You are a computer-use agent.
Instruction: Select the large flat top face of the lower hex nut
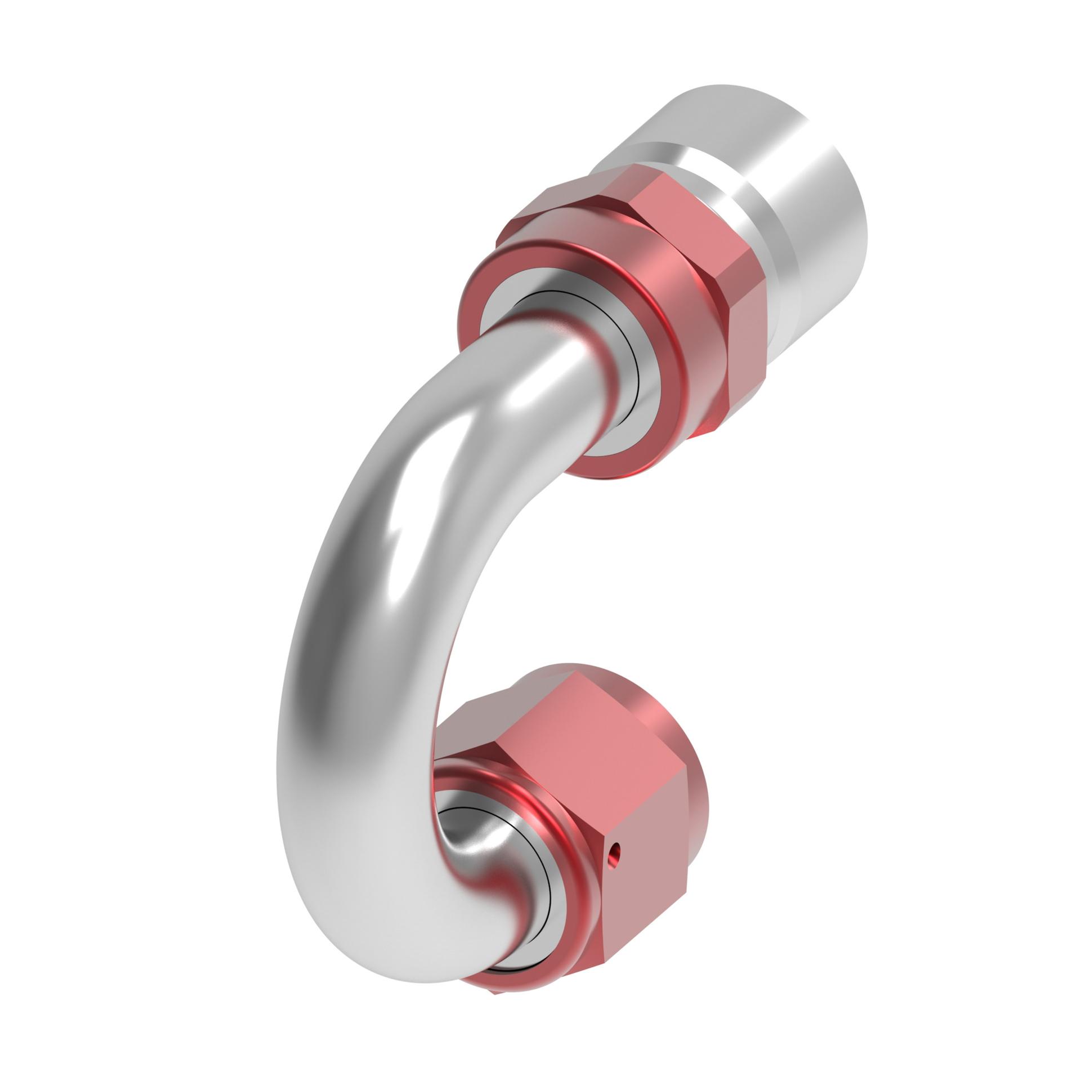point(591,749)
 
